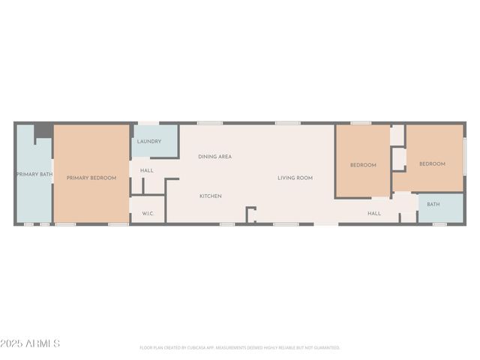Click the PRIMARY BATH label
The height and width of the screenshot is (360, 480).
pos(33,175)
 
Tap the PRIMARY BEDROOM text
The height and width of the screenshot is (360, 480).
pos(91,178)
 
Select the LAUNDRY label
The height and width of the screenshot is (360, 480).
pos(148,141)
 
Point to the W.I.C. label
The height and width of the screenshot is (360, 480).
pos(148,214)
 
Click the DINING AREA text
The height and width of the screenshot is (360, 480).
pos(214,157)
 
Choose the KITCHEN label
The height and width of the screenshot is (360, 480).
pos(210,196)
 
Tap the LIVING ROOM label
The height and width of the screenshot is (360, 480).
pos(295,178)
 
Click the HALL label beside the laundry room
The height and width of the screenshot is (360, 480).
pos(147,170)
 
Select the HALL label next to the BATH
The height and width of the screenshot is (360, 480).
pos(373,214)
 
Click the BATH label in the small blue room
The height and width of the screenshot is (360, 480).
pos(433,204)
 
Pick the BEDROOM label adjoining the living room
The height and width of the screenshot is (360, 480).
pos(363,165)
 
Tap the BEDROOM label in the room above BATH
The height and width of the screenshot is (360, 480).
pos(432,164)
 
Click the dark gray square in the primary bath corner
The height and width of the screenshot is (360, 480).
pos(43,131)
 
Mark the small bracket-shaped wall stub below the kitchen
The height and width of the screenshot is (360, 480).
pos(250,215)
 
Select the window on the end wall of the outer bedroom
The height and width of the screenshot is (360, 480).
pos(464,157)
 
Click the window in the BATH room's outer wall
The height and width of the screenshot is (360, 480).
pos(439,223)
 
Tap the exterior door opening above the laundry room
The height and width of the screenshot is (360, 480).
pos(148,123)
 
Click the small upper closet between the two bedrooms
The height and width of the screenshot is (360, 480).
pos(397,135)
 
